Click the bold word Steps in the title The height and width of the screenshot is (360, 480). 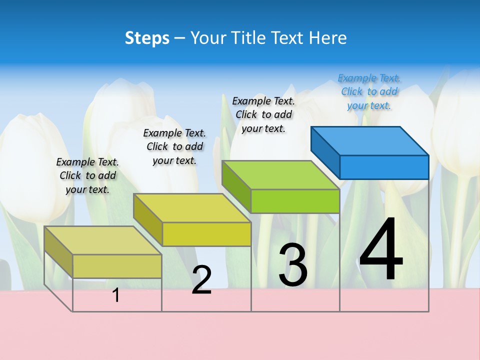147,38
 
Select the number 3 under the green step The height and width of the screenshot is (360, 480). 293,265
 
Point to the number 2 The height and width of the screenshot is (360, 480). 201,280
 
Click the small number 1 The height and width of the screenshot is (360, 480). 116,295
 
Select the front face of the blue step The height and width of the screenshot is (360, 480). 384,167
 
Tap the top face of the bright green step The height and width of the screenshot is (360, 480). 280,175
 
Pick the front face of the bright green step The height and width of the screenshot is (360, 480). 295,201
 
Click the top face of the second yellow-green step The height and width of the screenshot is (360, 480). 192,208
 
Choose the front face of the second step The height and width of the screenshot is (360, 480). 206,234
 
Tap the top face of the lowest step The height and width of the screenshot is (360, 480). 103,240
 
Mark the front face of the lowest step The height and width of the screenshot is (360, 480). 117,266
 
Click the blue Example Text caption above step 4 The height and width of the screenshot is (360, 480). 369,92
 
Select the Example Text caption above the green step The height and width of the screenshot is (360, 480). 263,114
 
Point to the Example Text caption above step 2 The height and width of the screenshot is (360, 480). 174,146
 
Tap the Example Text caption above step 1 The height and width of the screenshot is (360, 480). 87,175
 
